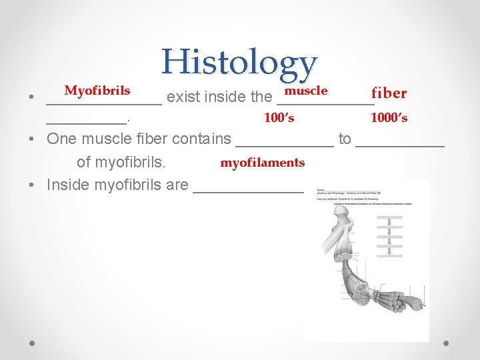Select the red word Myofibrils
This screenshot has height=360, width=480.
[97, 90]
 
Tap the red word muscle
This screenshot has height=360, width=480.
[305, 90]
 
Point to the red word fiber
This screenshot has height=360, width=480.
[389, 93]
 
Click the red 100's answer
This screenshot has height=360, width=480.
[279, 118]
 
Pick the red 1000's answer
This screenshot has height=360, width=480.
[389, 118]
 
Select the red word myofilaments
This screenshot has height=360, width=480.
[262, 162]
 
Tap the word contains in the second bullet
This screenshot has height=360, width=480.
[201, 139]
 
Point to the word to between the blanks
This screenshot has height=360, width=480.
[344, 139]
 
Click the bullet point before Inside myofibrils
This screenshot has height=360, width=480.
[32, 185]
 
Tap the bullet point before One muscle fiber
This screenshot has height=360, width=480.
[32, 140]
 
